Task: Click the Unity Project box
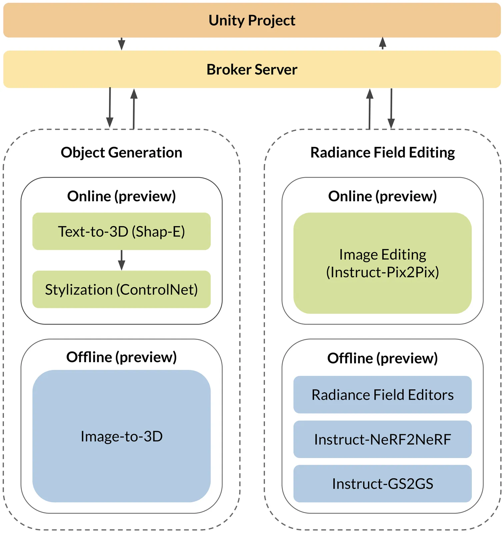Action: [x=252, y=20]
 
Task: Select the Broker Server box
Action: [x=252, y=69]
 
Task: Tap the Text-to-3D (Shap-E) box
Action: [x=121, y=232]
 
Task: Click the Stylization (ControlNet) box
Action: [x=121, y=289]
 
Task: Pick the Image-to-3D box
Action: [x=121, y=436]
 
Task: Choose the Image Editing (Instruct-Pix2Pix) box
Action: [x=382, y=263]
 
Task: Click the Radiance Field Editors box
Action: [x=382, y=395]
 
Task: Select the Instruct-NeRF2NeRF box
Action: [x=382, y=439]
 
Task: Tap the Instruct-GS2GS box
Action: [x=382, y=484]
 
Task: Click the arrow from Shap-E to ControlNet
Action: [x=122, y=260]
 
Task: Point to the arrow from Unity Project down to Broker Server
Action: [x=122, y=44]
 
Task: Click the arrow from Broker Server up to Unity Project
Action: [x=383, y=43]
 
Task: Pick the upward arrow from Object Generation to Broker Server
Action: [x=134, y=108]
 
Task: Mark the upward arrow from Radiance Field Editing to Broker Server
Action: [x=369, y=109]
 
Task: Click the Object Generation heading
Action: [x=121, y=153]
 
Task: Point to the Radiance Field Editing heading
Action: [x=382, y=153]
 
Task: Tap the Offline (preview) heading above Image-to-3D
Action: [x=121, y=357]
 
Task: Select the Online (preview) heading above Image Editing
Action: [x=382, y=196]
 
